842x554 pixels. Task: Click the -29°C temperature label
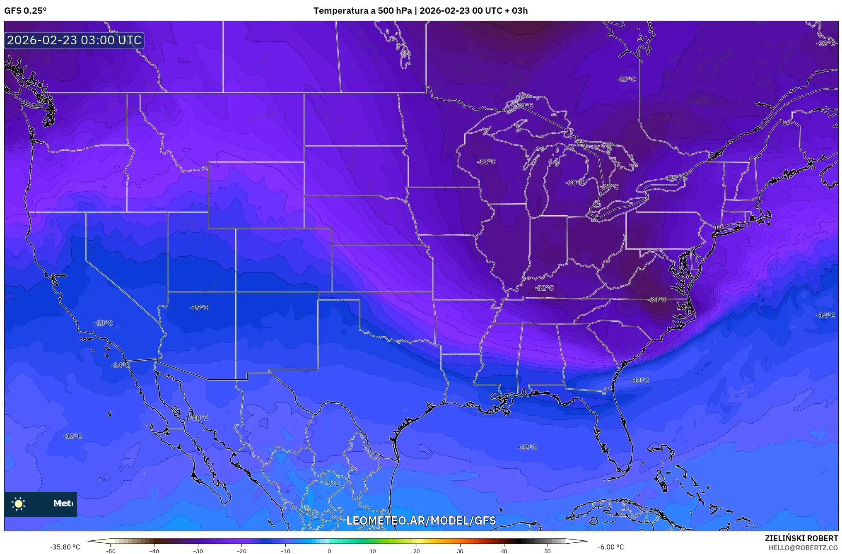[x=626, y=79]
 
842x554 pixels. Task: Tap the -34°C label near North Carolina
[x=657, y=300]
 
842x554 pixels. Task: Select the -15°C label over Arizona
[x=199, y=308]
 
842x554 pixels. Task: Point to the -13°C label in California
[x=103, y=323]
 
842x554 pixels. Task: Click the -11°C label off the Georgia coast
[x=640, y=381]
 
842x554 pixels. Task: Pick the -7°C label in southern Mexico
[x=332, y=484]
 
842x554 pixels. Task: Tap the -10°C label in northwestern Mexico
[x=200, y=418]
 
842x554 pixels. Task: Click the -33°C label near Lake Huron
[x=609, y=187]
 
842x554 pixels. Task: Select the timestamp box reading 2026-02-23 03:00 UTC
[x=74, y=41]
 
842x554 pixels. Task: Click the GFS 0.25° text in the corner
[x=25, y=11]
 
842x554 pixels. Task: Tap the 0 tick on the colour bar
[x=329, y=551]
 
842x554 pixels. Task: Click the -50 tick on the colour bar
[x=111, y=551]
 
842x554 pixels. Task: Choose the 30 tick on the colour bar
[x=460, y=551]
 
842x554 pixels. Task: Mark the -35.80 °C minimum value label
[x=65, y=547]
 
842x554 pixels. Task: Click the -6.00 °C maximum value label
[x=610, y=547]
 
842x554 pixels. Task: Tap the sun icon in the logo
[x=19, y=504]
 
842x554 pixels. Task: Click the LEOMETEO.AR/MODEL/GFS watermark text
[x=421, y=521]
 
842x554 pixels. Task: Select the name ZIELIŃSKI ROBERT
[x=801, y=538]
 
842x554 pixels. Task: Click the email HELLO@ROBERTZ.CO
[x=803, y=548]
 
